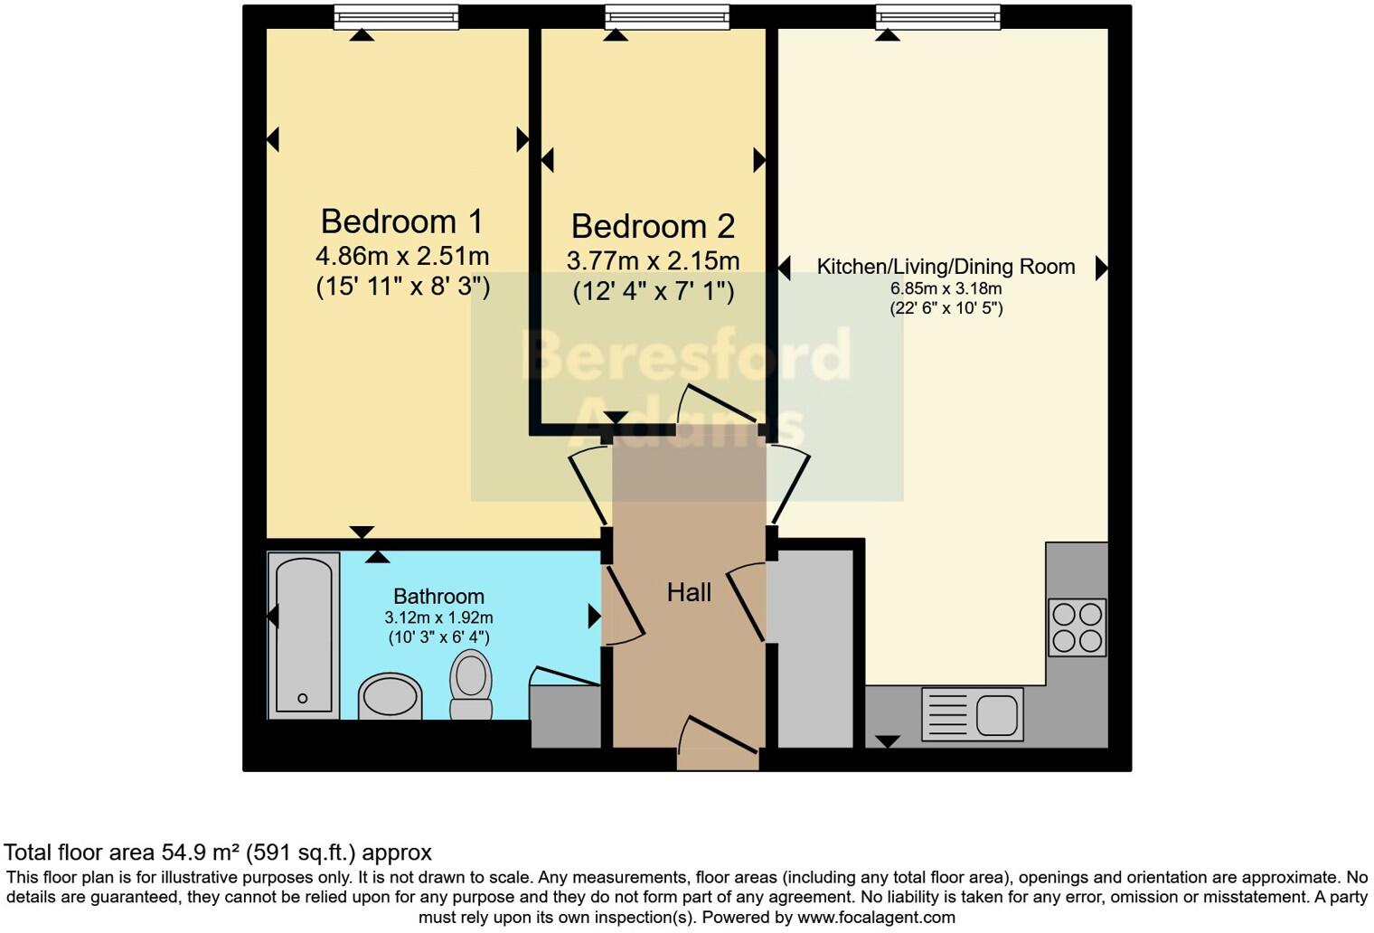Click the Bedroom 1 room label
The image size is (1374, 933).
point(402,221)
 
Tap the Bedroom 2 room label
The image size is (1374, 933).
point(653,226)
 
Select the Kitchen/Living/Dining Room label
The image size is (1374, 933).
point(946,267)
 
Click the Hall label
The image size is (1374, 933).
point(689,593)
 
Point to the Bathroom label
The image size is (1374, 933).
point(438,597)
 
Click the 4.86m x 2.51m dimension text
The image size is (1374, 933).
point(402,256)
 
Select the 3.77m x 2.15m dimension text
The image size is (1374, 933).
point(653,261)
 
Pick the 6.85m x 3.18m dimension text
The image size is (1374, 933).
point(946,288)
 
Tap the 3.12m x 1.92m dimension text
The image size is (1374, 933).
point(438,617)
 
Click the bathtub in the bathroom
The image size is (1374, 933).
point(303,636)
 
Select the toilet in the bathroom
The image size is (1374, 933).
point(470,684)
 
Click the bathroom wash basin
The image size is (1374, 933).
point(390,697)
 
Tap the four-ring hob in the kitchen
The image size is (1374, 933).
point(1077,627)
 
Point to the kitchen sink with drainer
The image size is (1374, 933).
point(972,714)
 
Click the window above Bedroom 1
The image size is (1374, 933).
point(395,16)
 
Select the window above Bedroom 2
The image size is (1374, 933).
point(666,16)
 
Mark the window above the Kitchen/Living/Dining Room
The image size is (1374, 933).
point(937,16)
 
